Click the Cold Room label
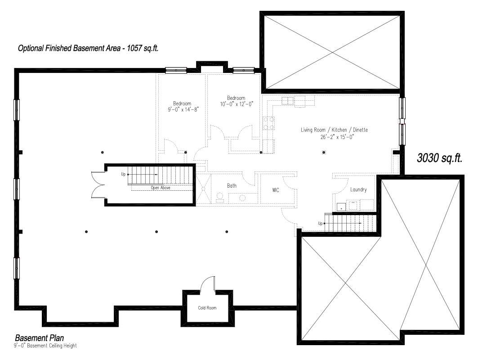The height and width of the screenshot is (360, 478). (x=207, y=308)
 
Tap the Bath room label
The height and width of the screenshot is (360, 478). (x=232, y=185)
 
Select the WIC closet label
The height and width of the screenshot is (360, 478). (x=276, y=190)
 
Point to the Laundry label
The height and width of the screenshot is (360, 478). (x=358, y=189)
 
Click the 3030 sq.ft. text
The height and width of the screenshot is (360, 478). (x=439, y=158)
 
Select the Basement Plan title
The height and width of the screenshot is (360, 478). (x=40, y=338)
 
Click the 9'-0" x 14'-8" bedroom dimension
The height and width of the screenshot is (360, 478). (x=183, y=109)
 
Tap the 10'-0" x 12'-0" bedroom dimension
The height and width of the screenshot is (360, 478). (x=237, y=104)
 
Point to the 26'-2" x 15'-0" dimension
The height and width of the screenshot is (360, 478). (x=337, y=137)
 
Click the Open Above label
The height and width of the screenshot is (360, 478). (x=161, y=188)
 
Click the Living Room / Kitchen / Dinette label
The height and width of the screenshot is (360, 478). (x=334, y=130)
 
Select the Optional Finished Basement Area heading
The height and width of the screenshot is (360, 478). (x=88, y=48)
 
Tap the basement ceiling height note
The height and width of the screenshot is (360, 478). (x=45, y=346)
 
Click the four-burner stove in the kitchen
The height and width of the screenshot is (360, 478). (x=268, y=123)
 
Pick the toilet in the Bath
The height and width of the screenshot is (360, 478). (x=220, y=198)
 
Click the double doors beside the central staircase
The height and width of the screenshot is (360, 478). (x=98, y=185)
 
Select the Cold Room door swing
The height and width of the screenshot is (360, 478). (x=208, y=284)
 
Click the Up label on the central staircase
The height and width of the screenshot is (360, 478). (x=123, y=174)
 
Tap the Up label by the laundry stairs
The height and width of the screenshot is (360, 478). (x=320, y=223)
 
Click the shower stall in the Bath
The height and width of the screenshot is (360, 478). (x=203, y=189)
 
